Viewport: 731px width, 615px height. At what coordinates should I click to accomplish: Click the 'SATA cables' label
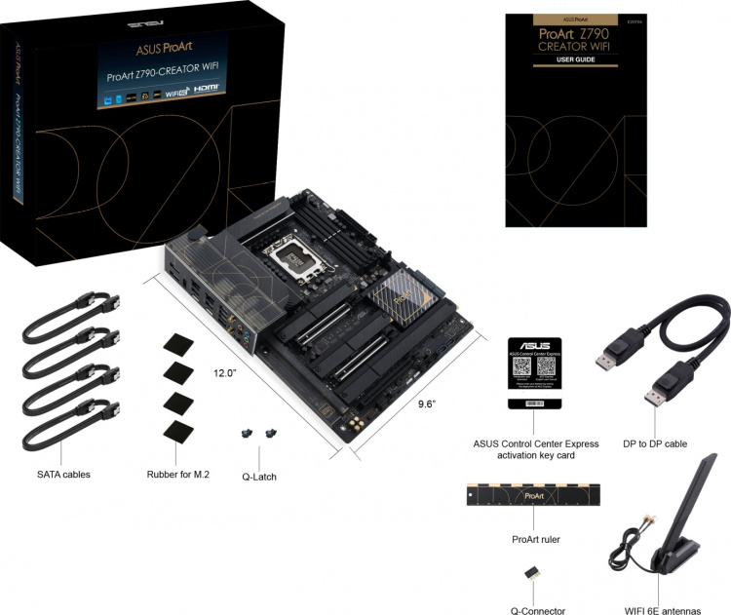(x=63, y=475)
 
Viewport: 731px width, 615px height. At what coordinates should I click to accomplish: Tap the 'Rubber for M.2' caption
(x=176, y=475)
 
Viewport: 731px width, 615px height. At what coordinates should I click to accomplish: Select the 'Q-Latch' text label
(x=259, y=479)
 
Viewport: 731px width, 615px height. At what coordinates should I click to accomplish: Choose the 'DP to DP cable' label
(x=655, y=443)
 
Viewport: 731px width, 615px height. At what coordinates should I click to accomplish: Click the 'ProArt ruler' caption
(x=535, y=539)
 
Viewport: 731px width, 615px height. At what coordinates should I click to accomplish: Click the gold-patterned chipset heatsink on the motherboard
(x=404, y=291)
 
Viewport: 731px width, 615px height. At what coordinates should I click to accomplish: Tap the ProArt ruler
(x=535, y=494)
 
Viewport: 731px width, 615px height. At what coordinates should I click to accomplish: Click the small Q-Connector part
(x=534, y=574)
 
